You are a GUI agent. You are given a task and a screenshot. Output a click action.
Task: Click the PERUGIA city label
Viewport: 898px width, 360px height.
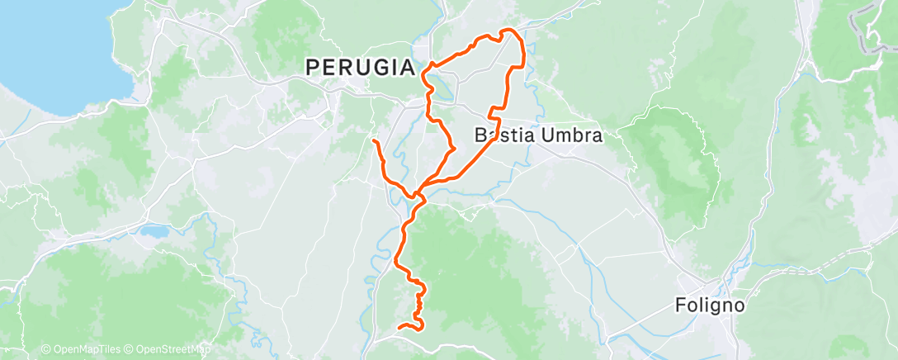pos(360,68)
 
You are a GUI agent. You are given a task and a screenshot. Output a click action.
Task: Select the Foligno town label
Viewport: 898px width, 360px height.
pos(710,306)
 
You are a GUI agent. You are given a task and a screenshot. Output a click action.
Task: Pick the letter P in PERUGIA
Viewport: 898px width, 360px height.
pos(313,68)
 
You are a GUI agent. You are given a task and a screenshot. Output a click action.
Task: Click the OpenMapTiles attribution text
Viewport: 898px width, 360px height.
pos(83,350)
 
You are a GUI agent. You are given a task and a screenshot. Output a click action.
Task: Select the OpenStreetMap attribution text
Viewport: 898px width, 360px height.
pos(169,350)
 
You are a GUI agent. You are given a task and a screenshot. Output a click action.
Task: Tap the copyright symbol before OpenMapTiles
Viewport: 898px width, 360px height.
pos(45,350)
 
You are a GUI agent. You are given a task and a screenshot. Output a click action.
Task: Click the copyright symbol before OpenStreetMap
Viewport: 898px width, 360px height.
pos(130,350)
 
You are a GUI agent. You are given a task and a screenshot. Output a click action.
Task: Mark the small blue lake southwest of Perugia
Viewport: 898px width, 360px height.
pos(154,230)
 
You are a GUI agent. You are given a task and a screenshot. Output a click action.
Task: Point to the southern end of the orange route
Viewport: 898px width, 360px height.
pos(399,328)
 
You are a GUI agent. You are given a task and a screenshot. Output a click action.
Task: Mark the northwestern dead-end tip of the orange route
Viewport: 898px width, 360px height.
pos(375,142)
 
